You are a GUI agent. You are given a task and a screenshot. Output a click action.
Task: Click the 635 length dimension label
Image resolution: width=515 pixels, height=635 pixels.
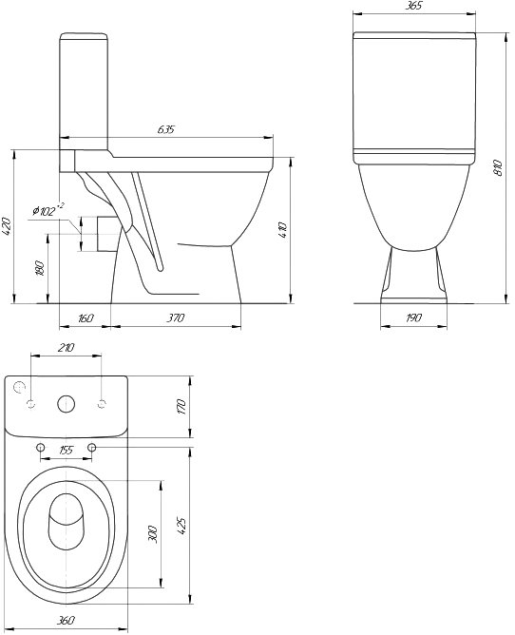coord(166,129)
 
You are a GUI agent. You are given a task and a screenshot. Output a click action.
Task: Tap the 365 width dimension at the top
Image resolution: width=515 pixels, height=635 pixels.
coord(413,6)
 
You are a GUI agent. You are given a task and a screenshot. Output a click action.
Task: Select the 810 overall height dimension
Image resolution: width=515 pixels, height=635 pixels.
coord(499,167)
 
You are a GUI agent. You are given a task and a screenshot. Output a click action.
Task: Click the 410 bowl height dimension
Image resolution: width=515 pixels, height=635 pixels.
coord(282,230)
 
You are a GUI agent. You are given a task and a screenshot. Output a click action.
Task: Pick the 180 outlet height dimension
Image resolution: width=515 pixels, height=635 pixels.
coord(40,268)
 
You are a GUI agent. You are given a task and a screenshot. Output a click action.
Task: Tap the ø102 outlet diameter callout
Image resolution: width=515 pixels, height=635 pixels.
coord(48,210)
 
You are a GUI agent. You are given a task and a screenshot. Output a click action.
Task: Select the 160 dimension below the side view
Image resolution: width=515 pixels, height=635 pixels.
coord(85,317)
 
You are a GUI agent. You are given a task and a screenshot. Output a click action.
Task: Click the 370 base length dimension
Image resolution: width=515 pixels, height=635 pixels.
coord(176,317)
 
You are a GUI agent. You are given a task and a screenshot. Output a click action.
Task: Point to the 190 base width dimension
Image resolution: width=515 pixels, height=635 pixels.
coord(413,317)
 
